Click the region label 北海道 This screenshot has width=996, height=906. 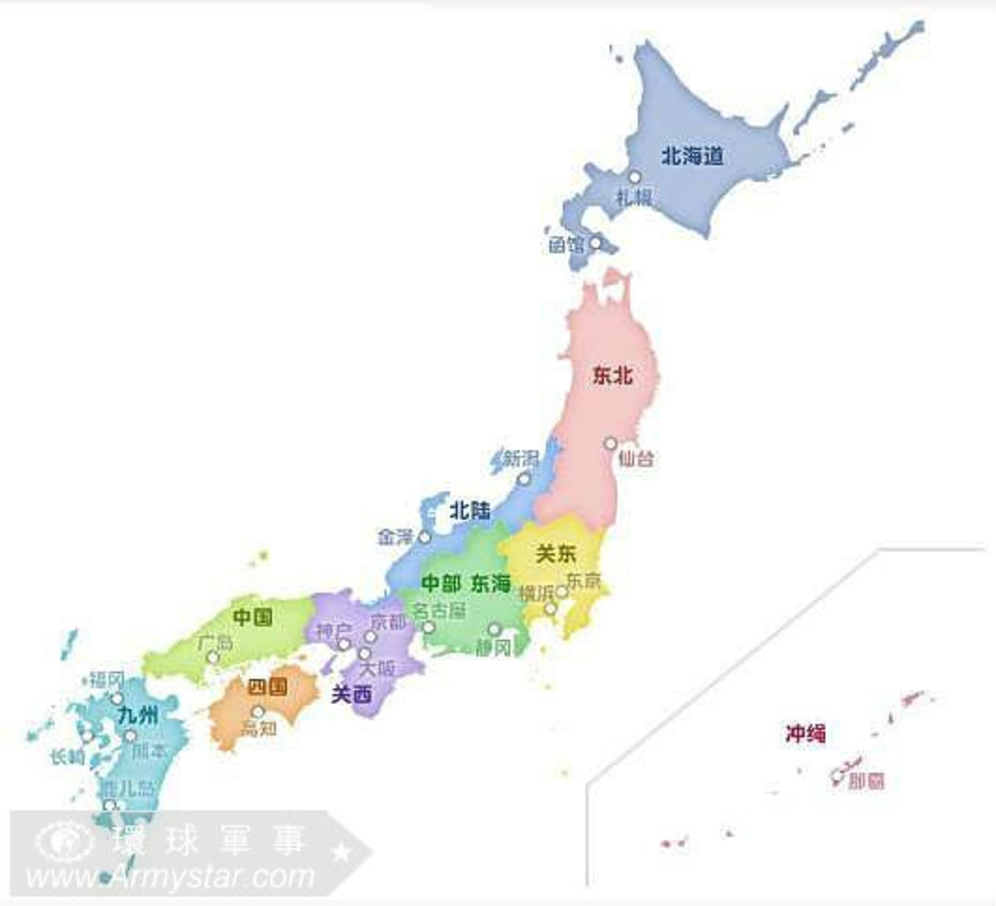click(692, 155)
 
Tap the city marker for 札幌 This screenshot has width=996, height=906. click(635, 177)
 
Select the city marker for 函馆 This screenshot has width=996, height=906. click(596, 242)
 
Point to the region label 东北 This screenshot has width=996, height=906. click(613, 376)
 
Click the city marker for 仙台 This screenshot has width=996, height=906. click(611, 443)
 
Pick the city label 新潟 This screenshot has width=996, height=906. click(521, 459)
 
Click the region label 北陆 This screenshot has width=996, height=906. click(470, 510)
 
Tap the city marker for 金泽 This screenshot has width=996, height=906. click(424, 537)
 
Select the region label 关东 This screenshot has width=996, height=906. click(556, 554)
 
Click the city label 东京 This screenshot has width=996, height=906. click(584, 581)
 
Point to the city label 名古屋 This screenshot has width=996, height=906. click(439, 610)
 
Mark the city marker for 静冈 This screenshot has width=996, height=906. click(494, 629)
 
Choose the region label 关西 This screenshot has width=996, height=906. click(352, 694)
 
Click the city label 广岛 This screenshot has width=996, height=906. click(215, 642)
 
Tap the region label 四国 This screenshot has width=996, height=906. click(267, 687)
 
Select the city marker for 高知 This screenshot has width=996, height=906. click(258, 711)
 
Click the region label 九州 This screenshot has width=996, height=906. click(138, 714)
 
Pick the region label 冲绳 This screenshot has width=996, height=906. click(806, 733)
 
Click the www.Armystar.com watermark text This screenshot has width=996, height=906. click(170, 877)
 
